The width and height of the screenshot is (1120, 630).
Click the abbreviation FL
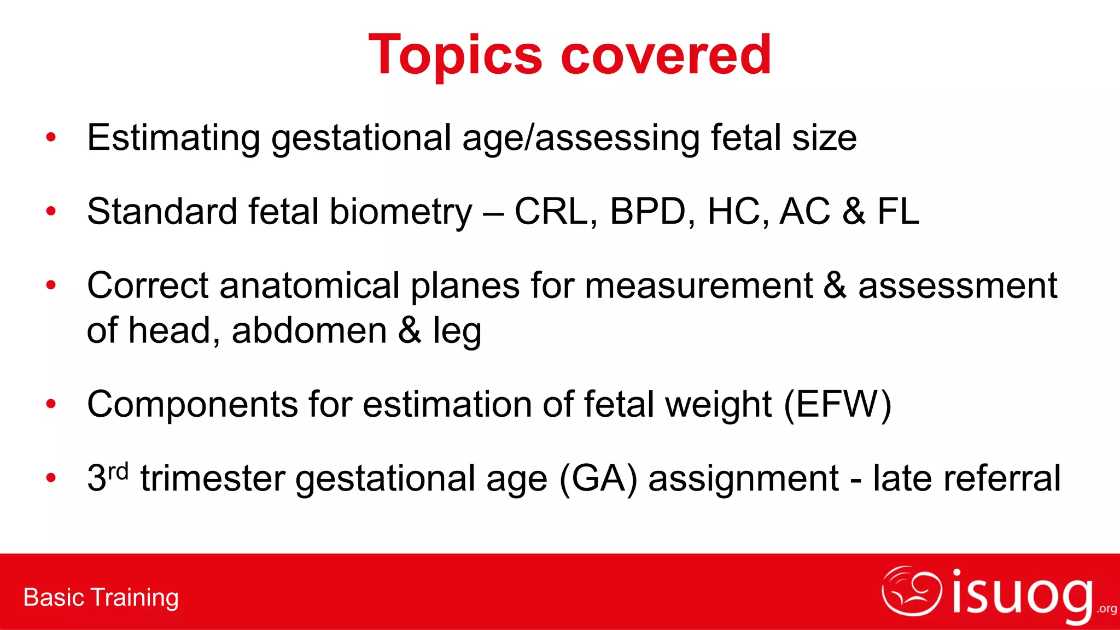(x=898, y=212)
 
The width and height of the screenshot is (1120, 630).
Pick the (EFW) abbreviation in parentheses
(x=837, y=405)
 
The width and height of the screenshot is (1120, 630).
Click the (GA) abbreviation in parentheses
(x=598, y=479)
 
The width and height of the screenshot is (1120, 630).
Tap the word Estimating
(x=173, y=138)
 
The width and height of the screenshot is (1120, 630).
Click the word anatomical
(x=310, y=285)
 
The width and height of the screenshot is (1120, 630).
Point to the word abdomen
(x=310, y=331)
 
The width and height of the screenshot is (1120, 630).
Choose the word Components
(x=192, y=405)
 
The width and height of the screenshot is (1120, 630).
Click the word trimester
(x=213, y=479)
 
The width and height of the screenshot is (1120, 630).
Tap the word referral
(x=967, y=479)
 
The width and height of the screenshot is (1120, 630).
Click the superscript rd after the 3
(x=118, y=470)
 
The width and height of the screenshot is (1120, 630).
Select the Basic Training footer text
(x=101, y=597)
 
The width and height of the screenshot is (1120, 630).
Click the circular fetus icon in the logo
(x=912, y=592)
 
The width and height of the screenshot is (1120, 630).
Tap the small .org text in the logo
(x=1107, y=609)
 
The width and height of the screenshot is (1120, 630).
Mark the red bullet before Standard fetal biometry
(x=51, y=211)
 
